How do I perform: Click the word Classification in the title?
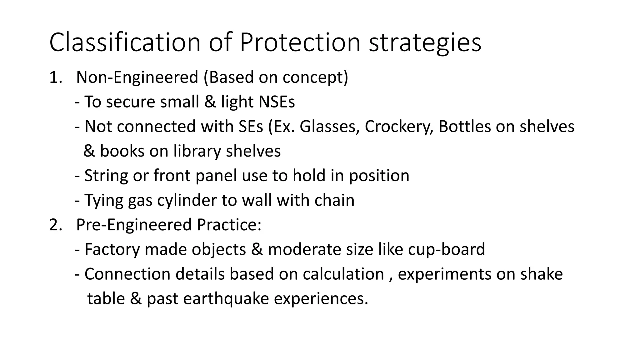click(x=125, y=42)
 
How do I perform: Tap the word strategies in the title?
click(x=425, y=43)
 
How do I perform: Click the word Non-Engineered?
click(x=137, y=77)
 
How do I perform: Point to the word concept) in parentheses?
click(x=315, y=77)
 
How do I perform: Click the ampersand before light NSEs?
click(x=210, y=102)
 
